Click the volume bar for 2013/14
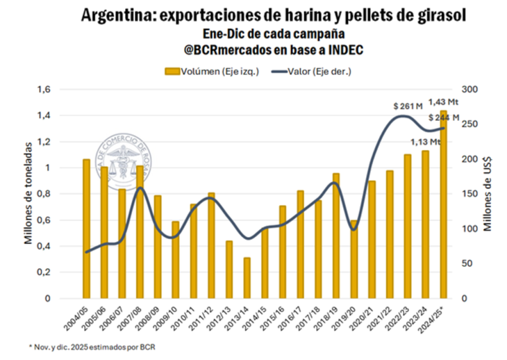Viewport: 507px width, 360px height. tap(247, 278)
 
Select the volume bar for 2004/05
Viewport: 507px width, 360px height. tap(87, 229)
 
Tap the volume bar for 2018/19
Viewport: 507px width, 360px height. tap(335, 236)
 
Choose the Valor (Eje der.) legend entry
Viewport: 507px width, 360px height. tap(310, 70)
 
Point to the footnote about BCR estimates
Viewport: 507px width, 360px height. tap(91, 345)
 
